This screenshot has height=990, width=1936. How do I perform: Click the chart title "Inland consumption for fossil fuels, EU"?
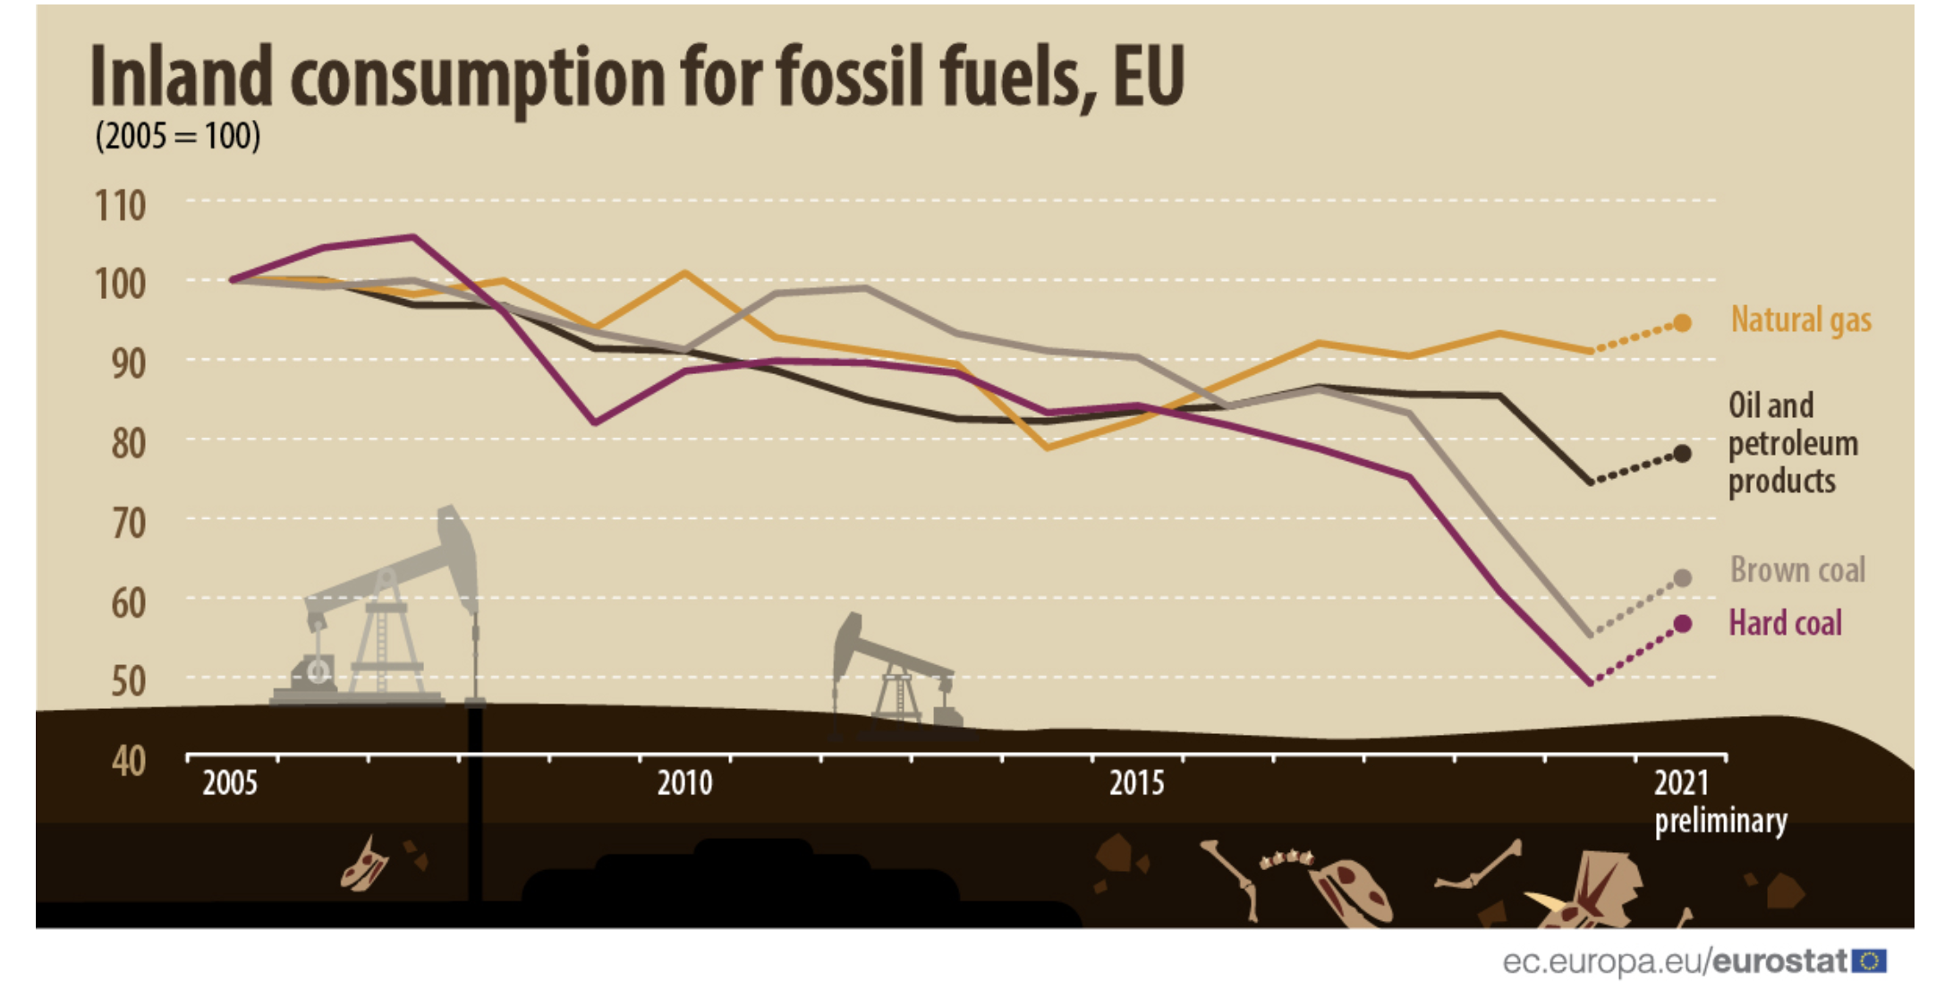tap(637, 77)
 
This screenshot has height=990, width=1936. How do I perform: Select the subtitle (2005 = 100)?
tap(178, 136)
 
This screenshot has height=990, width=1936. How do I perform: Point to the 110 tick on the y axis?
tap(120, 206)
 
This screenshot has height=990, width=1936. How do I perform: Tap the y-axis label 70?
tap(128, 523)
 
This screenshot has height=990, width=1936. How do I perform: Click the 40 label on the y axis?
tap(128, 762)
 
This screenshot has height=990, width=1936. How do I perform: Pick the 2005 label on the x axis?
tap(229, 783)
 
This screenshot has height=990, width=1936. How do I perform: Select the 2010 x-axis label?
tap(684, 783)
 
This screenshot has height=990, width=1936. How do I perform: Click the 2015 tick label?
tap(1136, 783)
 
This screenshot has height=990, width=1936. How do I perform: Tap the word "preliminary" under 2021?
tap(1719, 821)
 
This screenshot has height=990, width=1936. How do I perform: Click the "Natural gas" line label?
tap(1800, 320)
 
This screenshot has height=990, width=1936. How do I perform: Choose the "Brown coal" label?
tap(1796, 569)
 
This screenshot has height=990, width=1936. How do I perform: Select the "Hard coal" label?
tap(1785, 622)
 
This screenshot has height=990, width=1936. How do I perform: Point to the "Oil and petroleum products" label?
tap(1792, 443)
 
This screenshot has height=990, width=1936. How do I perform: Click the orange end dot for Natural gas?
tap(1682, 323)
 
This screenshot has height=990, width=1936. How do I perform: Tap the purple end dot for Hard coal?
tap(1682, 624)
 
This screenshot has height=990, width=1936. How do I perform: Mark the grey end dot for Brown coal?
tap(1682, 578)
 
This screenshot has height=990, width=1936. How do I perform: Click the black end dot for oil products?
tap(1682, 454)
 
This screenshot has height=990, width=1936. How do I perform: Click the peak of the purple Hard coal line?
tap(413, 237)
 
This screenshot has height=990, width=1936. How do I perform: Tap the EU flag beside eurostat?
tap(1869, 961)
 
